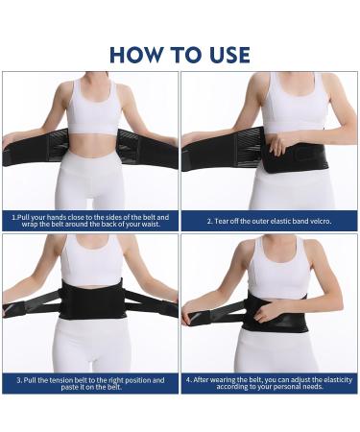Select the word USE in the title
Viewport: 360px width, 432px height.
point(228,54)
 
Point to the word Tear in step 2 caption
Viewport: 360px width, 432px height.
point(223,221)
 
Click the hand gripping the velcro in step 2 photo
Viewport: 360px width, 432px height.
point(279,147)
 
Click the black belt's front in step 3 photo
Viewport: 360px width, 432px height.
point(93,300)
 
